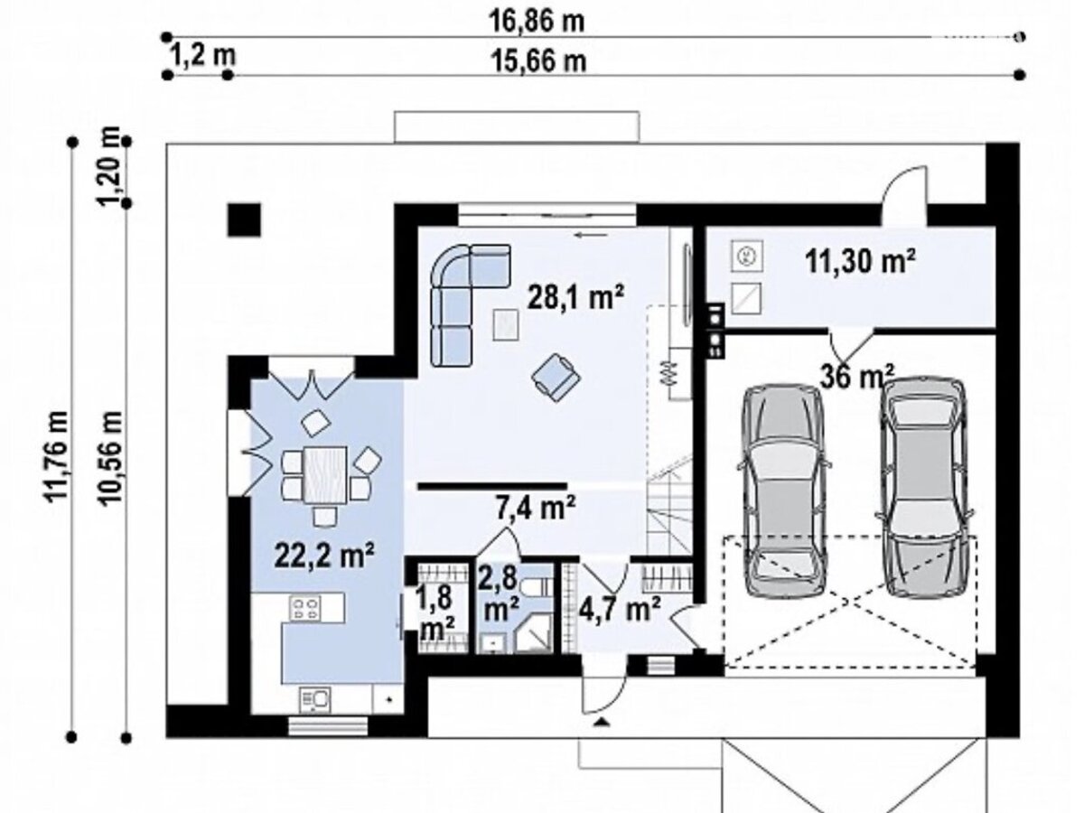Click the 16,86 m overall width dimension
click(537, 22)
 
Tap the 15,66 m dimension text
click(540, 62)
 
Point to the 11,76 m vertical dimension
click(56, 456)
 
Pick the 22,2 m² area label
click(323, 556)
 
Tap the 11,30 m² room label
click(861, 261)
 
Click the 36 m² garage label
click(857, 377)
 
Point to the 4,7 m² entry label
click(620, 609)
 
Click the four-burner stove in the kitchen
click(305, 608)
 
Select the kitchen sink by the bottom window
click(315, 699)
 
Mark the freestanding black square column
click(244, 220)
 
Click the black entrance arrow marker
click(600, 723)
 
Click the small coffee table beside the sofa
click(506, 325)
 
